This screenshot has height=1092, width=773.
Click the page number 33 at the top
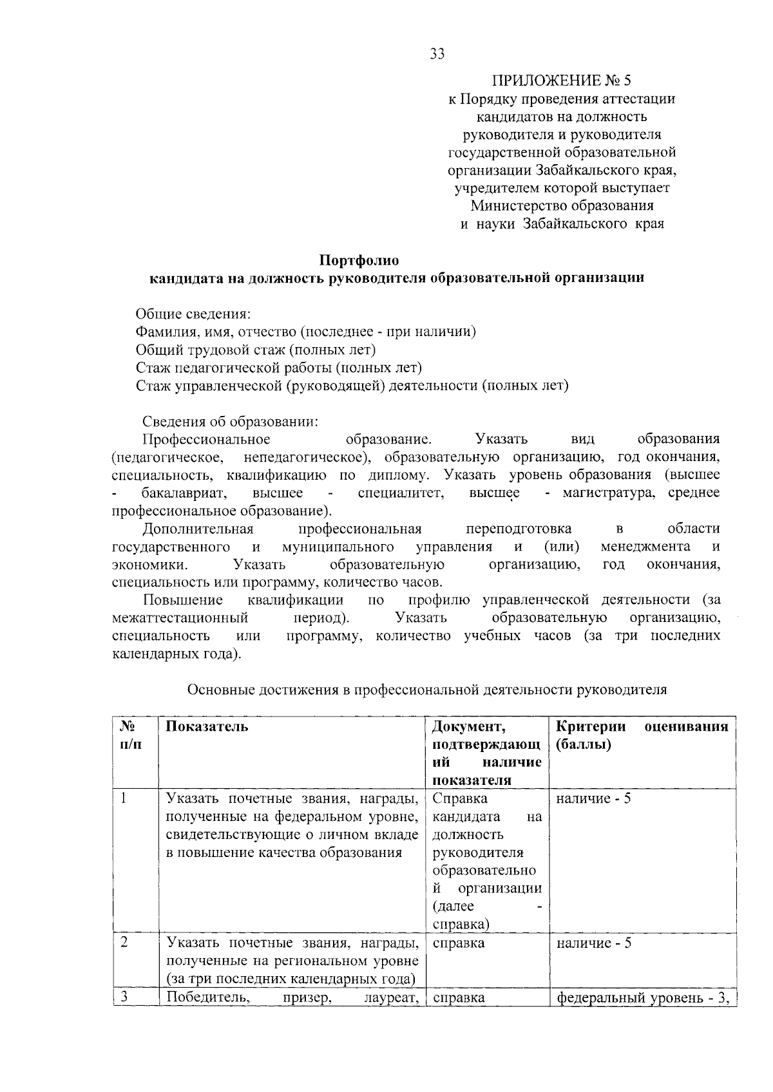click(x=437, y=54)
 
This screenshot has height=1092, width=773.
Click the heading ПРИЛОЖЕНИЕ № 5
click(x=562, y=81)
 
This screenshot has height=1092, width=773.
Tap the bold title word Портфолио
click(x=359, y=260)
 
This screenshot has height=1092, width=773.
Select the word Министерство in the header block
click(x=516, y=206)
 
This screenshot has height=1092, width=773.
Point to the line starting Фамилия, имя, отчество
click(x=305, y=332)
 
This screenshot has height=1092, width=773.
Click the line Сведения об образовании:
click(x=230, y=421)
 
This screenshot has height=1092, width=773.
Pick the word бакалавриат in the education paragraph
click(x=183, y=493)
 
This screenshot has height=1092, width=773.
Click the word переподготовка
click(x=519, y=529)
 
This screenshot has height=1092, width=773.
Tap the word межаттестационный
click(x=180, y=618)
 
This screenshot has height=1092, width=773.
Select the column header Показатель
click(x=207, y=726)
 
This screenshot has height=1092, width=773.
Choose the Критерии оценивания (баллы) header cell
click(x=642, y=735)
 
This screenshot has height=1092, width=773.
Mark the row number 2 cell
click(x=124, y=943)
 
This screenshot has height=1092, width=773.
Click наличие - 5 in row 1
click(x=593, y=799)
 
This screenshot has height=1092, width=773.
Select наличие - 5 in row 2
click(x=593, y=943)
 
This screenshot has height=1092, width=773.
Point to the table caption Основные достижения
click(x=426, y=690)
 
